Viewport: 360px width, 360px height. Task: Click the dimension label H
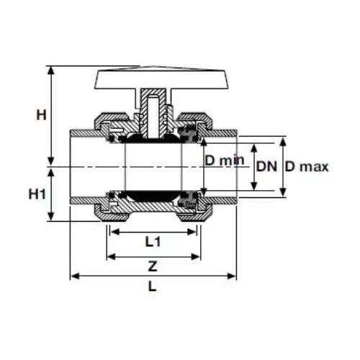[41, 115]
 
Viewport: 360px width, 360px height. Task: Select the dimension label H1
[37, 194]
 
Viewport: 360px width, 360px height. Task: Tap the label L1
[153, 242]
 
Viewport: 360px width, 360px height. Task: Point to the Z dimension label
[153, 266]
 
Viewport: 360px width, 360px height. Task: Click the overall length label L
[153, 287]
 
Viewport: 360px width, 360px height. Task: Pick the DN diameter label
[266, 166]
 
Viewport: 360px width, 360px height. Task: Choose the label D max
[307, 166]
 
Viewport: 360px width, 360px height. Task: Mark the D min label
[225, 161]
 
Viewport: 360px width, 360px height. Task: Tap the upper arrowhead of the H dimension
[50, 71]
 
